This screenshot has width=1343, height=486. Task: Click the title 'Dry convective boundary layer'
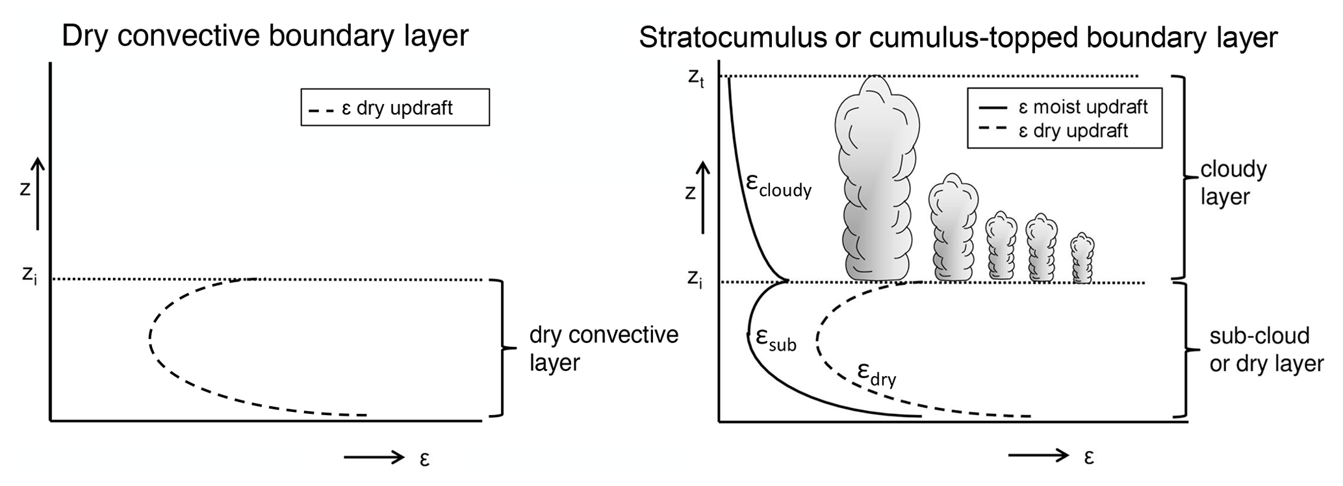click(x=264, y=36)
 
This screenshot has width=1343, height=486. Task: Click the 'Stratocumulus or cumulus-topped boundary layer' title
click(x=958, y=38)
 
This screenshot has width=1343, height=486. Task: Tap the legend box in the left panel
click(x=395, y=107)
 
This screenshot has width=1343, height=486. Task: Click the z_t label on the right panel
click(x=696, y=78)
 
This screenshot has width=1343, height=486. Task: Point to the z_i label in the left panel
click(x=30, y=275)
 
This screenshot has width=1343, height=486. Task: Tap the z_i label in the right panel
click(x=695, y=279)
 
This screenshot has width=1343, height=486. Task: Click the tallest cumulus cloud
click(x=876, y=182)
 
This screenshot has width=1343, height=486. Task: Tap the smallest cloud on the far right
click(x=1082, y=259)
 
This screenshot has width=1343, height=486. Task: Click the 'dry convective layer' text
click(x=604, y=348)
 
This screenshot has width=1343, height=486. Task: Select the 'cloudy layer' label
click(x=1233, y=183)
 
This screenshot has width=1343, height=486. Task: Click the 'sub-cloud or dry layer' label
click(x=1266, y=350)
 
